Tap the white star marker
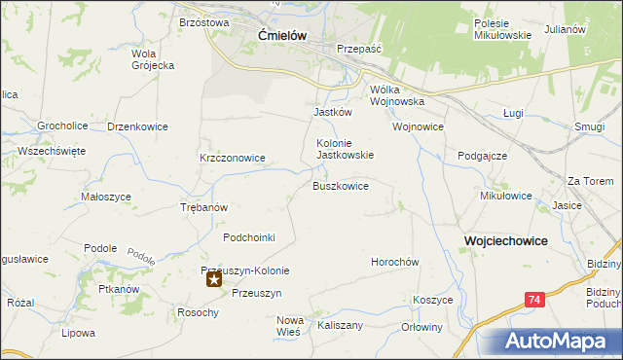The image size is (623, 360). [214, 280]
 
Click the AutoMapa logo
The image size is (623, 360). [562, 342]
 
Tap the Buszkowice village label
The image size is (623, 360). [340, 186]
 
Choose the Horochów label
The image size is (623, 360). [394, 263]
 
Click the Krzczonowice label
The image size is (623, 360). [233, 158]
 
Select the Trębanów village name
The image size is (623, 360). [204, 208]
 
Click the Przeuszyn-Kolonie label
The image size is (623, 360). [245, 270]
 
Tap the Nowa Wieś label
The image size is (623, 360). [291, 326]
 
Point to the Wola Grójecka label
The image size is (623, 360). [152, 59]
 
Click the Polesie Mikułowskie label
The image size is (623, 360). [501, 29]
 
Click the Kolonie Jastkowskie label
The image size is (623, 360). [345, 148]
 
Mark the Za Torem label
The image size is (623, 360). [591, 181]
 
